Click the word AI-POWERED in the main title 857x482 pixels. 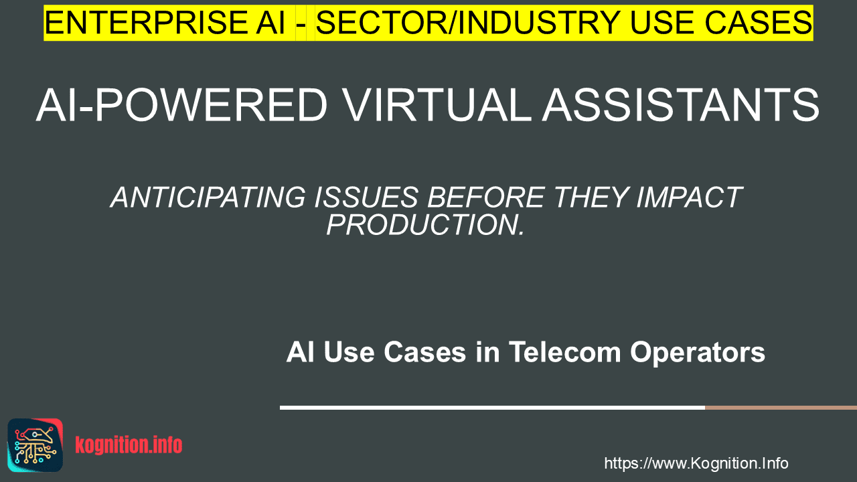pyautogui.click(x=181, y=105)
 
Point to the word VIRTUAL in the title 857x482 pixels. pyautogui.click(x=437, y=105)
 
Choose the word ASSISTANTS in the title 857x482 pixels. pyautogui.click(x=681, y=105)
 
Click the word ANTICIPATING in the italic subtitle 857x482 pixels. pyautogui.click(x=208, y=197)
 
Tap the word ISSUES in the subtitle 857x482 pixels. pyautogui.click(x=366, y=197)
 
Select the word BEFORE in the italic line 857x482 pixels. pyautogui.click(x=486, y=197)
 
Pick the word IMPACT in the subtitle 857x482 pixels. pyautogui.click(x=690, y=197)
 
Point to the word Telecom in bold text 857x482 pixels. pyautogui.click(x=564, y=352)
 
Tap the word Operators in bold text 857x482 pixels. pyautogui.click(x=698, y=353)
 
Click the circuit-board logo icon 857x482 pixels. pyautogui.click(x=35, y=445)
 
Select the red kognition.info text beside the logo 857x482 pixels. pyautogui.click(x=129, y=445)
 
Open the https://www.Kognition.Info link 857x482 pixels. pyautogui.click(x=696, y=463)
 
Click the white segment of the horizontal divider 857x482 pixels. pyautogui.click(x=492, y=408)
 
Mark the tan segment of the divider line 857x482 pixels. pyautogui.click(x=781, y=408)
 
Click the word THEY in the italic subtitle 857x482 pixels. pyautogui.click(x=591, y=197)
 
